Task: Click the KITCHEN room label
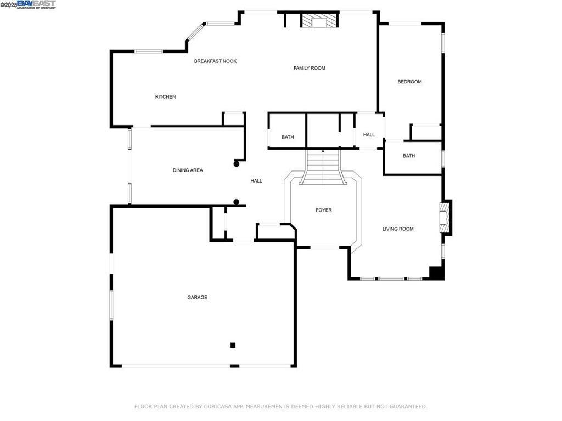point(165,97)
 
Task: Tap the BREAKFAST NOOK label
point(215,61)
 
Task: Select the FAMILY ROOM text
point(309,68)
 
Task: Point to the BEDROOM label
point(409,82)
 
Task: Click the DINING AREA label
point(188,170)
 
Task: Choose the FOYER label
point(323,210)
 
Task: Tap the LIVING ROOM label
point(398,229)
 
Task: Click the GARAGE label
point(197,297)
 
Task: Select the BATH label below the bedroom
point(409,156)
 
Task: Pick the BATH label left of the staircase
point(288,137)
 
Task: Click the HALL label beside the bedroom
point(369,135)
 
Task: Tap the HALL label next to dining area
point(256,181)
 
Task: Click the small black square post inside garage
point(233,345)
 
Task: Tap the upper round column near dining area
point(237,163)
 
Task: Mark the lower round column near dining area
point(237,202)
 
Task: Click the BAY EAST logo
point(36,4)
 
